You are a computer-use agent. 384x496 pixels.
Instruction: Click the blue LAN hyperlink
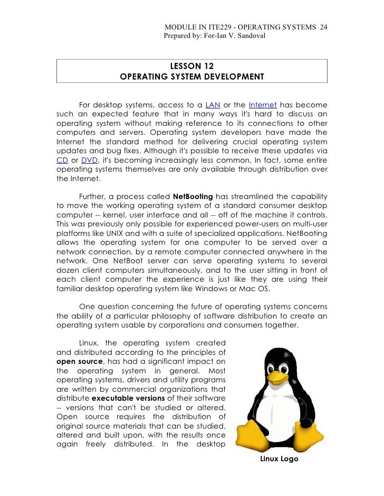point(213,104)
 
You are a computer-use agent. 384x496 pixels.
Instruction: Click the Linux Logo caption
point(279,459)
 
